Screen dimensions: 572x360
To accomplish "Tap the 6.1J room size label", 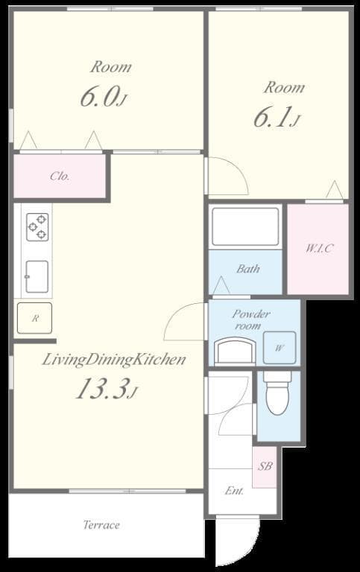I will (276, 118).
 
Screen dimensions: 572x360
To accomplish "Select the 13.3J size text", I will (106, 389).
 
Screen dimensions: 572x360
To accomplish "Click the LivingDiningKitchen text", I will (113, 360).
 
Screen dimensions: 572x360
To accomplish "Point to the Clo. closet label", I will (60, 177).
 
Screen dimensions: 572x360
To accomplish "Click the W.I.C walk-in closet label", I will (318, 248).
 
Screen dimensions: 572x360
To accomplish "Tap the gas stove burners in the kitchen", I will (37, 225).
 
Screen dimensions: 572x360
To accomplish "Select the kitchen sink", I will (37, 276).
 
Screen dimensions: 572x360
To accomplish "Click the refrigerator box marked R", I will (34, 318).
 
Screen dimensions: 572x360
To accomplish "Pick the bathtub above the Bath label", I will (245, 227).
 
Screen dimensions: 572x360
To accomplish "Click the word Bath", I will (247, 269).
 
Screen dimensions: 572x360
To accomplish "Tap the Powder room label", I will (250, 320).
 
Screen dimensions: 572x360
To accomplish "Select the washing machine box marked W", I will (279, 347).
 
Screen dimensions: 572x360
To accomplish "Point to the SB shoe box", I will (265, 467).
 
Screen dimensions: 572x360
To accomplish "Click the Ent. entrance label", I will (234, 491).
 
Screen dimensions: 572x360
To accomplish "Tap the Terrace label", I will (101, 525).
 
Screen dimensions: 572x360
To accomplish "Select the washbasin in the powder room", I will (235, 350).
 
